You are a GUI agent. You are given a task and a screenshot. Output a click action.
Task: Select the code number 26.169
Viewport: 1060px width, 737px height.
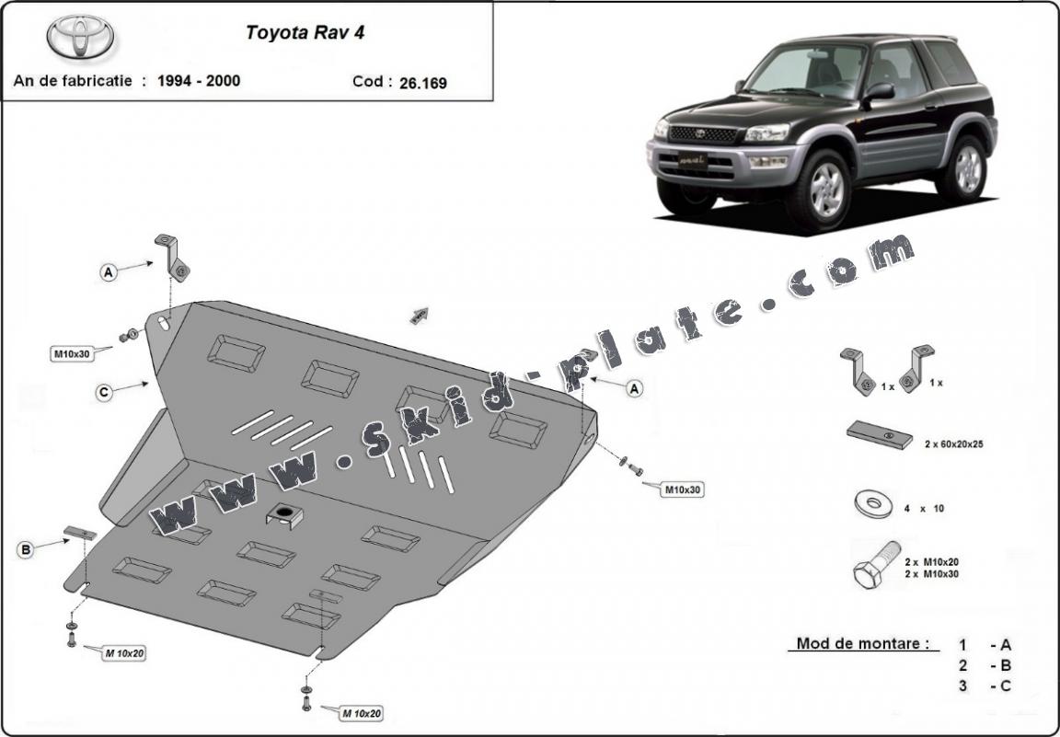(x=423, y=83)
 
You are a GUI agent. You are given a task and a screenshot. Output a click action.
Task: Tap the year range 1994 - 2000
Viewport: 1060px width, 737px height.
(x=198, y=81)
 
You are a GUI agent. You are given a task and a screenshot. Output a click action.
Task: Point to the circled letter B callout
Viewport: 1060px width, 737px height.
(x=26, y=550)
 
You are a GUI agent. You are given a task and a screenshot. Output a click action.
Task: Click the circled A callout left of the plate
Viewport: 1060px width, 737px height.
(x=109, y=271)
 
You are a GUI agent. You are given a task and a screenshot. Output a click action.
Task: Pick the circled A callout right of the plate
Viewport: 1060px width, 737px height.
(x=633, y=389)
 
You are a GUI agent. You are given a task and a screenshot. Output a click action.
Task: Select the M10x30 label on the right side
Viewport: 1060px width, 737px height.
(x=683, y=490)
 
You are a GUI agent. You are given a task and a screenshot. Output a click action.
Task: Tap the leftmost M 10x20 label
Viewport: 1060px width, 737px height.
(x=123, y=653)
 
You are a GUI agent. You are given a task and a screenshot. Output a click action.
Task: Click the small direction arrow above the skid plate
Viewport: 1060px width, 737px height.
(x=420, y=316)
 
